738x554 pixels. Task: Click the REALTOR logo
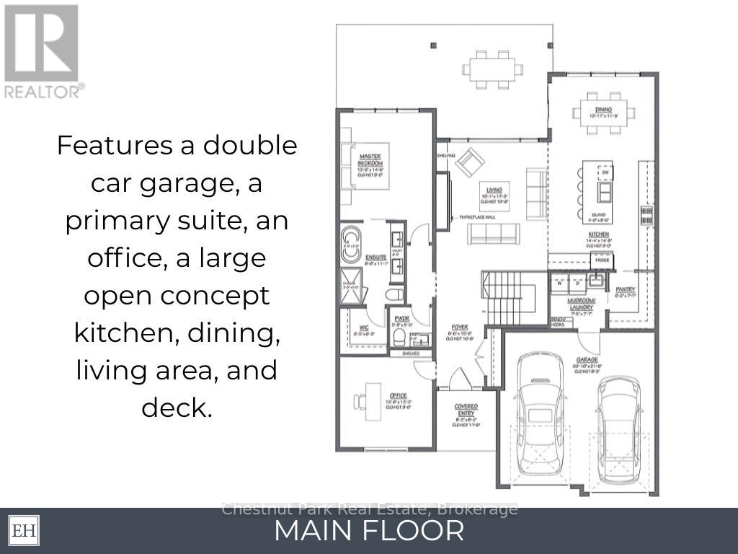(43, 51)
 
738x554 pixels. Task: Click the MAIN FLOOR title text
(369, 532)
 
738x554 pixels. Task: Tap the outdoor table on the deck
(493, 69)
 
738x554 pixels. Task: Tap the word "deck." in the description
(177, 408)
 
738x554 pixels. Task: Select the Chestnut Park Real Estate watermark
(369, 509)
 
